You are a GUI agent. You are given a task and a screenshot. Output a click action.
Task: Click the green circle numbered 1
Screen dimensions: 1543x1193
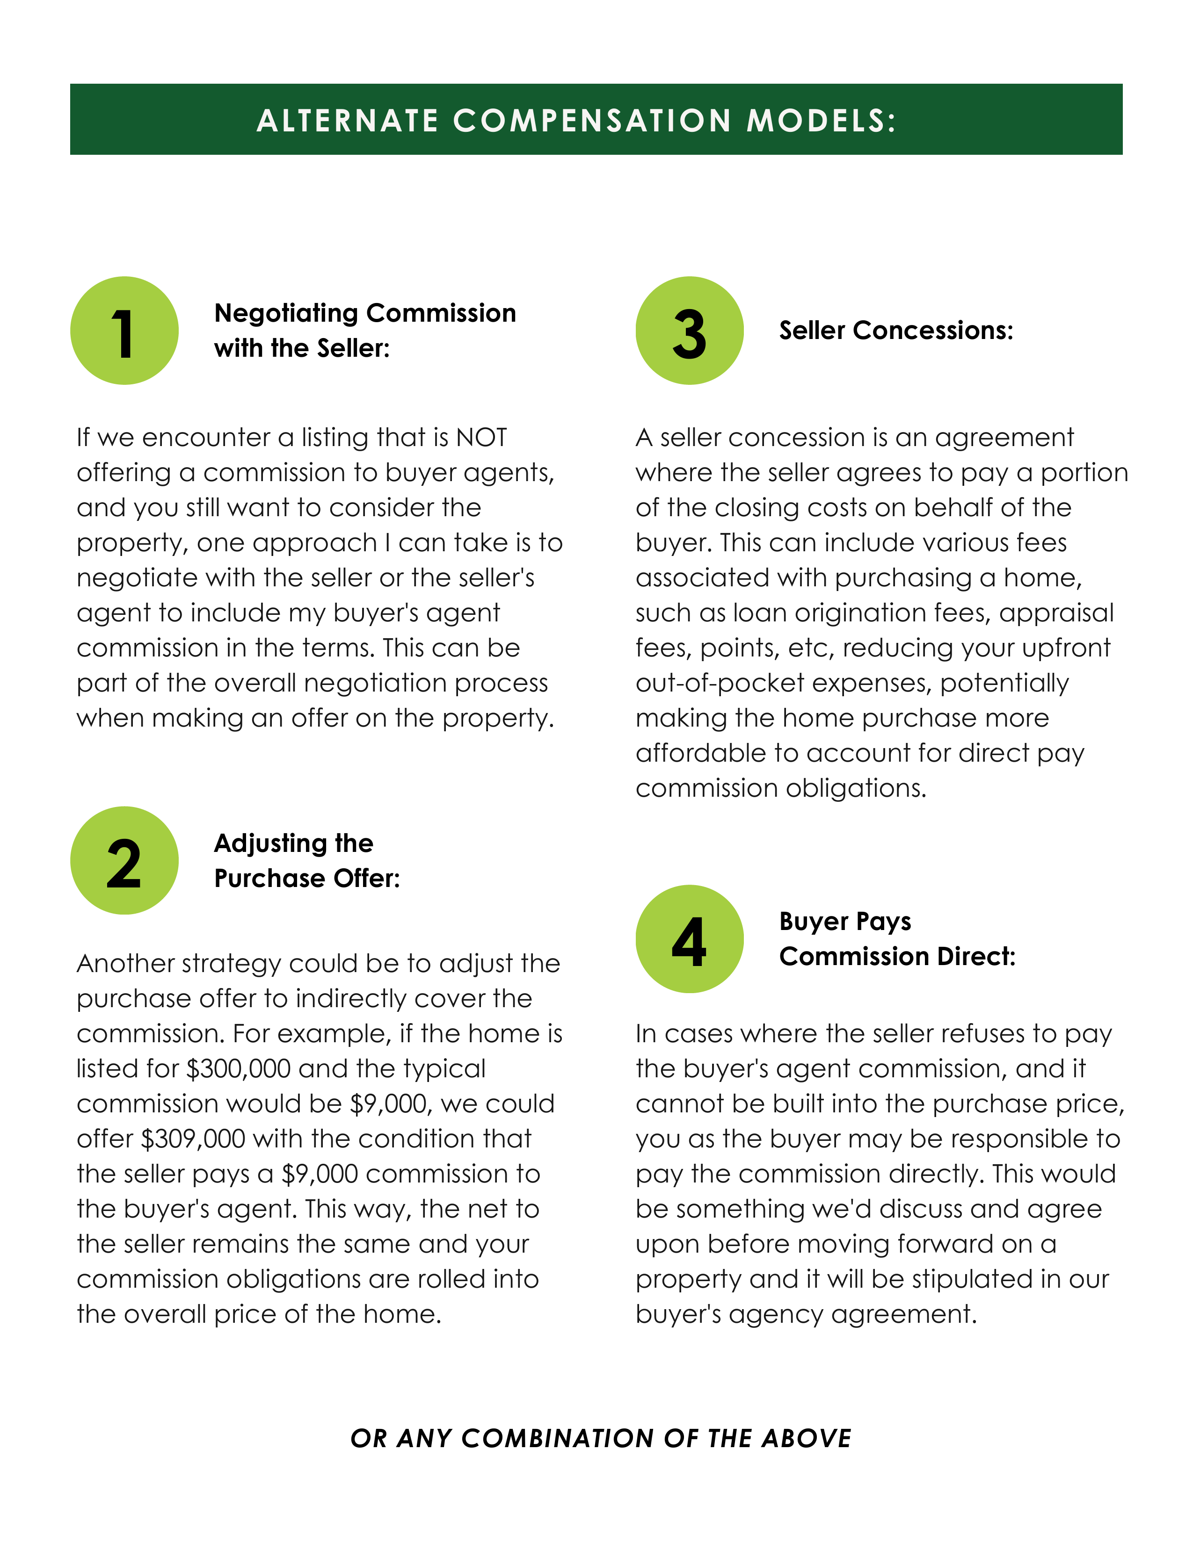tap(124, 331)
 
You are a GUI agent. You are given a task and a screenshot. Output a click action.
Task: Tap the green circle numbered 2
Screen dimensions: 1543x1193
tap(124, 860)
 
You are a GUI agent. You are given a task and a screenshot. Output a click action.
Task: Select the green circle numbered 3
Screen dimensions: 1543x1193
tap(689, 331)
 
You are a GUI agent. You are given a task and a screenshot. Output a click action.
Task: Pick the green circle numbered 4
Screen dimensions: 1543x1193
tap(689, 938)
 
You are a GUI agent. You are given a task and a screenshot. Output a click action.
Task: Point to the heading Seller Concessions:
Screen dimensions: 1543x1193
tap(895, 331)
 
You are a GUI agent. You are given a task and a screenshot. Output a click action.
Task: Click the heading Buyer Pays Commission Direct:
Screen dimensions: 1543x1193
tap(896, 938)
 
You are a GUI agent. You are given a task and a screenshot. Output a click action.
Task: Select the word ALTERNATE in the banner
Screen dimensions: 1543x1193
tap(348, 121)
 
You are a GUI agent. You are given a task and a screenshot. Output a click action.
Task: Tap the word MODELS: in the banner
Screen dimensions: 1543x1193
tap(821, 121)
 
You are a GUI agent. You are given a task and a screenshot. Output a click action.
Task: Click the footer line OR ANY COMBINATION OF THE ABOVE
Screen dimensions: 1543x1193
tap(601, 1438)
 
